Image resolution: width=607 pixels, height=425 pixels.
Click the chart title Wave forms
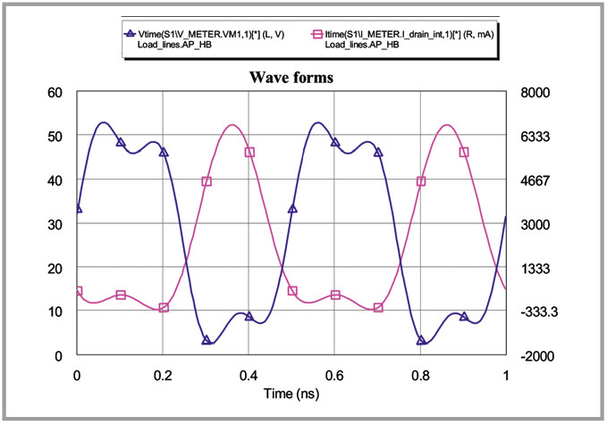click(291, 77)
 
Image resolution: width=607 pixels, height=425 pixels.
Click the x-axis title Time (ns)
click(291, 391)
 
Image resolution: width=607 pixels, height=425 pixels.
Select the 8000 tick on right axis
click(535, 92)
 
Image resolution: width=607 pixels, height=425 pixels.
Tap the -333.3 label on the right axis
click(536, 312)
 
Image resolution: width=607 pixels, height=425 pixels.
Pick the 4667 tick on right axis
click(535, 180)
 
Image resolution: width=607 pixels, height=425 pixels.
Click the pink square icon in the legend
click(316, 34)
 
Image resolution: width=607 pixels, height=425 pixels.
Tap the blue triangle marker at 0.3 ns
click(207, 340)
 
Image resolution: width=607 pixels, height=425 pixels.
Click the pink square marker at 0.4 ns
click(249, 153)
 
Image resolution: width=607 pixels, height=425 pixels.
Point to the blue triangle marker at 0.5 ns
click(292, 209)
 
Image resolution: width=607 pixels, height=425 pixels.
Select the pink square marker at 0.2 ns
click(164, 308)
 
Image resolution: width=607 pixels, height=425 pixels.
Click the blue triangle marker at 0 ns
click(78, 209)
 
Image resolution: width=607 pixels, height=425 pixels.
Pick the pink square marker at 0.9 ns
click(464, 153)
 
